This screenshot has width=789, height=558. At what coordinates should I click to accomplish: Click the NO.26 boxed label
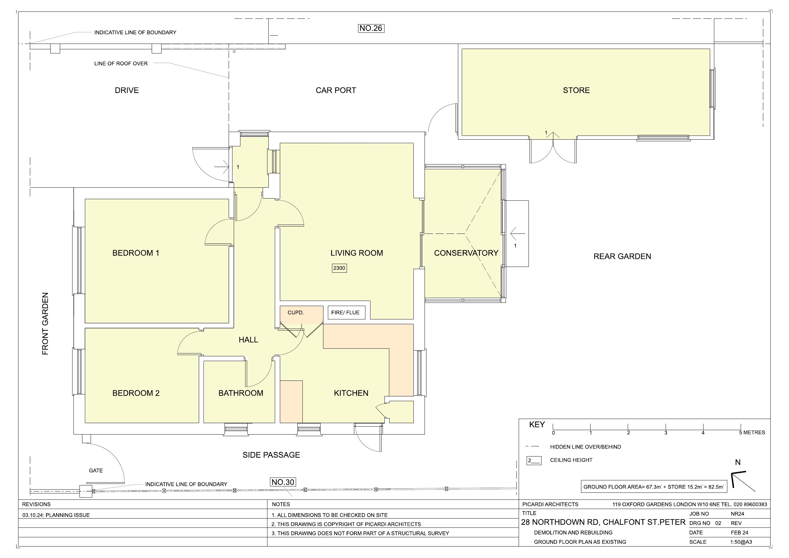(x=371, y=28)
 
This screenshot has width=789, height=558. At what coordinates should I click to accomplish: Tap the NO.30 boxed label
(x=283, y=482)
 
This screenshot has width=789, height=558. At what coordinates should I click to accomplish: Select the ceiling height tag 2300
(x=339, y=268)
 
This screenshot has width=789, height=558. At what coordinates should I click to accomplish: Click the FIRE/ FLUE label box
(x=346, y=312)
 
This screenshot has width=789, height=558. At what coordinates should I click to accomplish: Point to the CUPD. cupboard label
(x=295, y=312)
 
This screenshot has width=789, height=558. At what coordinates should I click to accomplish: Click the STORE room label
(x=576, y=90)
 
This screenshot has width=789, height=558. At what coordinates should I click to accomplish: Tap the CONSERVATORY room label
(x=466, y=253)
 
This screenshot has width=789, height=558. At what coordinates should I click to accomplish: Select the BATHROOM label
(x=241, y=393)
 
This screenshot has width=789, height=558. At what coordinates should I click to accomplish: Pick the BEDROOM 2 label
(x=136, y=393)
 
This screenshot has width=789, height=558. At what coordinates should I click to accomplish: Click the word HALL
(x=248, y=340)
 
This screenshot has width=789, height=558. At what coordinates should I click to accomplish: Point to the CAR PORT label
(x=336, y=90)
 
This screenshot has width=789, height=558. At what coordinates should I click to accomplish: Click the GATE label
(x=96, y=470)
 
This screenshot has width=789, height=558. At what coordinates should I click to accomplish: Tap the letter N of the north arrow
(x=738, y=463)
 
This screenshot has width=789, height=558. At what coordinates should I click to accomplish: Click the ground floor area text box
(x=654, y=486)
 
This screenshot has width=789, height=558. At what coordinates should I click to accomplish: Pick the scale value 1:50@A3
(x=741, y=542)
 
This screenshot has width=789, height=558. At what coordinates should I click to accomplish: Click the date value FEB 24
(x=739, y=533)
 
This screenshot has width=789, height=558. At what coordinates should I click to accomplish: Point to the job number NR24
(x=737, y=514)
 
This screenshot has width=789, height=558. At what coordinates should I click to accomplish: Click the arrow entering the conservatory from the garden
(x=517, y=234)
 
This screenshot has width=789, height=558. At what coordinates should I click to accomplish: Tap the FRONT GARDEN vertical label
(x=45, y=324)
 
